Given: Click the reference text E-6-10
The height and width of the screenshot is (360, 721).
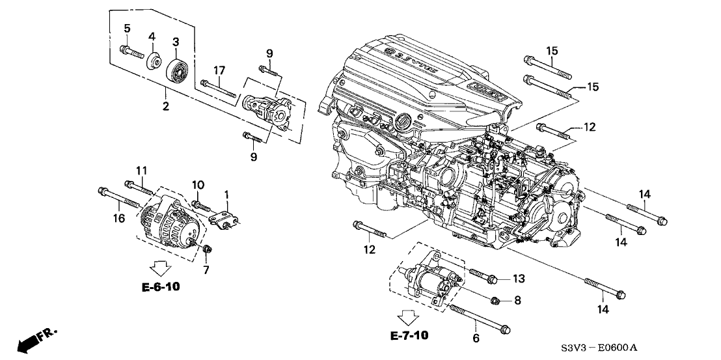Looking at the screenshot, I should pyautogui.click(x=160, y=286).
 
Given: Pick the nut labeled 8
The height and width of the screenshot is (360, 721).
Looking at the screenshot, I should pyautogui.click(x=495, y=301).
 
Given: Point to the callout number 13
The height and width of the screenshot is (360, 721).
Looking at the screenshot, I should pyautogui.click(x=517, y=279).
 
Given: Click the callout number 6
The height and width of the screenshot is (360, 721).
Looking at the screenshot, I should pyautogui.click(x=476, y=337).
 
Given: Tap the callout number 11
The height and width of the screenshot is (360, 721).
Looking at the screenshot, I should pyautogui.click(x=142, y=171).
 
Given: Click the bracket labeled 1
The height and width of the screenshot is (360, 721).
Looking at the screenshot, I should pyautogui.click(x=225, y=215).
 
